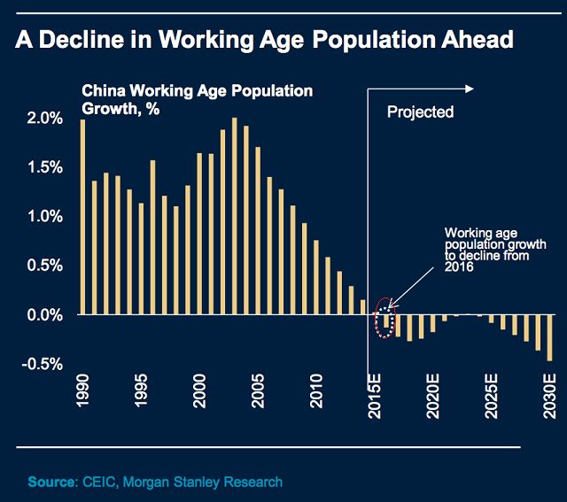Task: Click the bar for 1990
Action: pyautogui.click(x=82, y=217)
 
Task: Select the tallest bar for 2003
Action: pyautogui.click(x=234, y=216)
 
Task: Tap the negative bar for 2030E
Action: pyautogui.click(x=549, y=337)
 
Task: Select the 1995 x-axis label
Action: pyautogui.click(x=141, y=390)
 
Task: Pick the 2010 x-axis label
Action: pyautogui.click(x=316, y=390)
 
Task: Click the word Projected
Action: pyautogui.click(x=421, y=112)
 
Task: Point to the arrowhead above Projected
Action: pyautogui.click(x=471, y=88)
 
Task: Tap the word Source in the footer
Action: pyautogui.click(x=50, y=482)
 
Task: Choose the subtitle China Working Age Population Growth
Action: pyautogui.click(x=197, y=99)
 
